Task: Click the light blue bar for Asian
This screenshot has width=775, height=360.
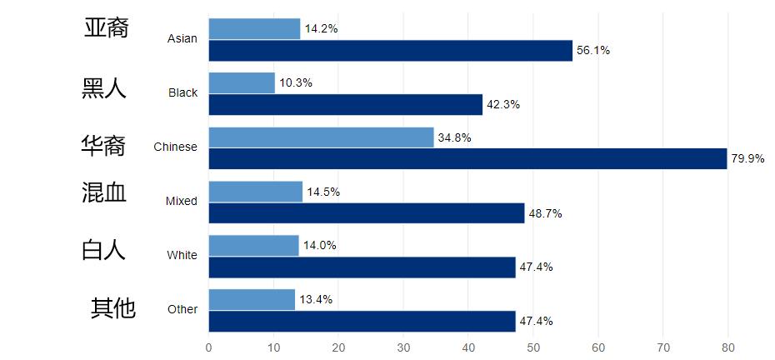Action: pos(254,29)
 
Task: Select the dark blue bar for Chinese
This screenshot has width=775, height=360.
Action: pos(467,158)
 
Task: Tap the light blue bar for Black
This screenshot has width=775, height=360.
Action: pos(242,83)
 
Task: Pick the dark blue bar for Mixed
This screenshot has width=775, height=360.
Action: pos(367,213)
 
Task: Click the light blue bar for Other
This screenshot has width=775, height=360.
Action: pos(252,300)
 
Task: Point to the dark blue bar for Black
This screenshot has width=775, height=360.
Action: pos(346,105)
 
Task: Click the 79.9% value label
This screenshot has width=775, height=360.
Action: pos(747,159)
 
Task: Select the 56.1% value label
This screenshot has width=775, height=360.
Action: pos(593,51)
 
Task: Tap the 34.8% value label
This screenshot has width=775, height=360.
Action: pos(454,137)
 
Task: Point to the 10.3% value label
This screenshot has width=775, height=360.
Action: pos(296,83)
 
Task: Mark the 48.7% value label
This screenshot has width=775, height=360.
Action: pos(545,213)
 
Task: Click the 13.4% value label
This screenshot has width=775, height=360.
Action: pos(316,300)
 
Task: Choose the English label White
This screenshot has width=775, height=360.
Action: pos(182,255)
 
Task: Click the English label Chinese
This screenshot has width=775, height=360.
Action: pos(175,147)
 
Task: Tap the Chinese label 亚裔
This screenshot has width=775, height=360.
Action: pos(107,28)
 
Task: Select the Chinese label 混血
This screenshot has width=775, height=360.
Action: pos(104,193)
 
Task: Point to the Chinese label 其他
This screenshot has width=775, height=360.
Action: pos(112,308)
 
